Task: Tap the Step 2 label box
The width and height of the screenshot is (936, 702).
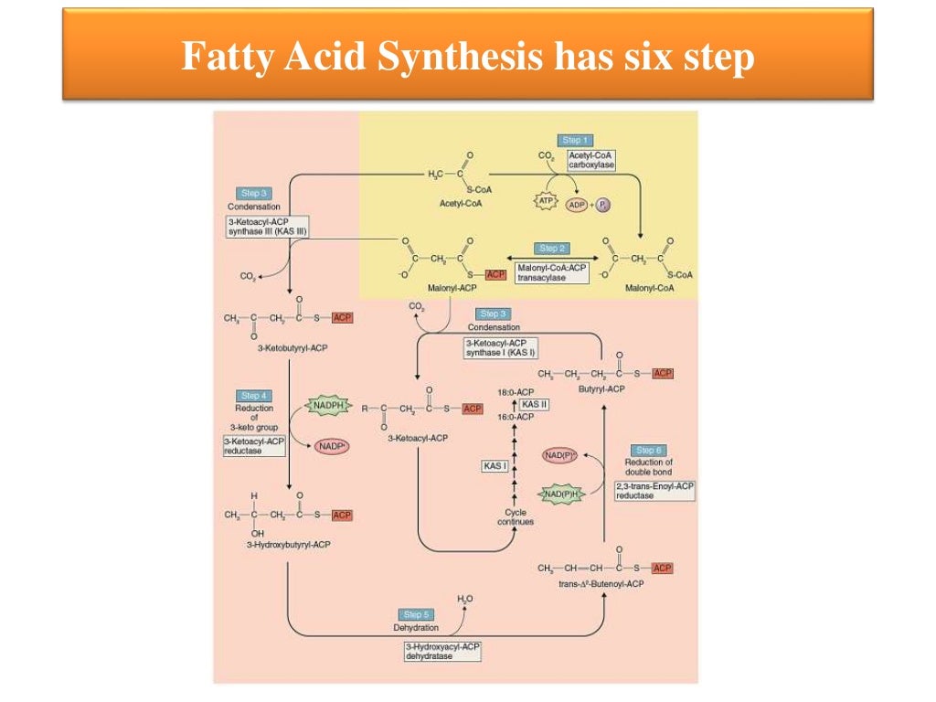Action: (x=552, y=249)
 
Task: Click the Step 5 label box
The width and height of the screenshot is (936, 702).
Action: (x=419, y=614)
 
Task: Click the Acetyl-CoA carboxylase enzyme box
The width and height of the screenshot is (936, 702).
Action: (x=591, y=161)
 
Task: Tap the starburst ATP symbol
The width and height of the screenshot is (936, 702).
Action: (x=547, y=200)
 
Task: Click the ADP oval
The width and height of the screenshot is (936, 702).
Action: (x=578, y=205)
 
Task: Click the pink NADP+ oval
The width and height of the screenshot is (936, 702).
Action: (x=334, y=446)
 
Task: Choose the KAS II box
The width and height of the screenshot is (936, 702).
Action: (x=535, y=403)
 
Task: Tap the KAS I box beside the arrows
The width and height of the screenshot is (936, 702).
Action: (x=495, y=466)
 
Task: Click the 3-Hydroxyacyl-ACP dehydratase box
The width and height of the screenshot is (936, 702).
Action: (x=442, y=651)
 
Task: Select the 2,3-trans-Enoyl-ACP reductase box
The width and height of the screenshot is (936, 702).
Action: (x=654, y=491)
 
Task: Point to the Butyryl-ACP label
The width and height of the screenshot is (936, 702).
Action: (x=602, y=388)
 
